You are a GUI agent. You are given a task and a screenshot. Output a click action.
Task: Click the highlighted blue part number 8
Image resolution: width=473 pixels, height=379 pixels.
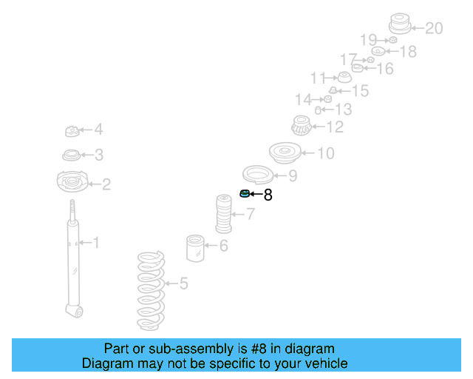pos(245,193)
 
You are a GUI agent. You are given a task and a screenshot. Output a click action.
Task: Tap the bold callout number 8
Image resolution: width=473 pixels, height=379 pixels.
pos(268,195)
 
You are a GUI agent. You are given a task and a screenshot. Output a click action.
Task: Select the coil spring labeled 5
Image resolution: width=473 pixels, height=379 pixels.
pos(151,291)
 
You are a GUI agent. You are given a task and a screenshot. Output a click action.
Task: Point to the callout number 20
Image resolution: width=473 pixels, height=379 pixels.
pos(434,28)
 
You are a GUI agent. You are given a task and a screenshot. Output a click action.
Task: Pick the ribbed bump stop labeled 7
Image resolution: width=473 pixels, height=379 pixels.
pos(223,214)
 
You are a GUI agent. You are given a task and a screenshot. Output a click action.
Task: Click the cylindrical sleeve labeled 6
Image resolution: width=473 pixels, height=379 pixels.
pos(195,248)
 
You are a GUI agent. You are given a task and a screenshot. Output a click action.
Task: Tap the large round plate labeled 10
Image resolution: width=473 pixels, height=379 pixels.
pos(285,153)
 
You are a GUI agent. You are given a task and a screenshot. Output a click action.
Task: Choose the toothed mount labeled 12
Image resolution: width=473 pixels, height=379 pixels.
pos(302,125)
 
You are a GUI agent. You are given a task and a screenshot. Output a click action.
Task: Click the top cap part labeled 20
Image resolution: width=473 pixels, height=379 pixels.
pos(400,24)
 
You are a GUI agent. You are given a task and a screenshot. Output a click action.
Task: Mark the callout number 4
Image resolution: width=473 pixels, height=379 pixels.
pos(98,130)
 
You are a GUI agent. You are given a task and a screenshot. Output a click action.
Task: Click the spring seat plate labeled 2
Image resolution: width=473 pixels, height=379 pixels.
pos(72,181)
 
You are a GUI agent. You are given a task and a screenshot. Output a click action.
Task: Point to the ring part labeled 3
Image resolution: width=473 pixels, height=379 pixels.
pos(72,155)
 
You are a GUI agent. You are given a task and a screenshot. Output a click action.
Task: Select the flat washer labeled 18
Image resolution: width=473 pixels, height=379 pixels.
pos(378,51)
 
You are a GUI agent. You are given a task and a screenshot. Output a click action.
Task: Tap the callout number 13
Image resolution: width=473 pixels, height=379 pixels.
pos(344,110)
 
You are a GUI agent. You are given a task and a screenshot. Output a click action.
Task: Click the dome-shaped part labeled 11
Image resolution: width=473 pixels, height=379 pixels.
pos(344,78)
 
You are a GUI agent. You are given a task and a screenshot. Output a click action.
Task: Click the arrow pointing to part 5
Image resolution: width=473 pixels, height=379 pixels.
pos(172,284)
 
